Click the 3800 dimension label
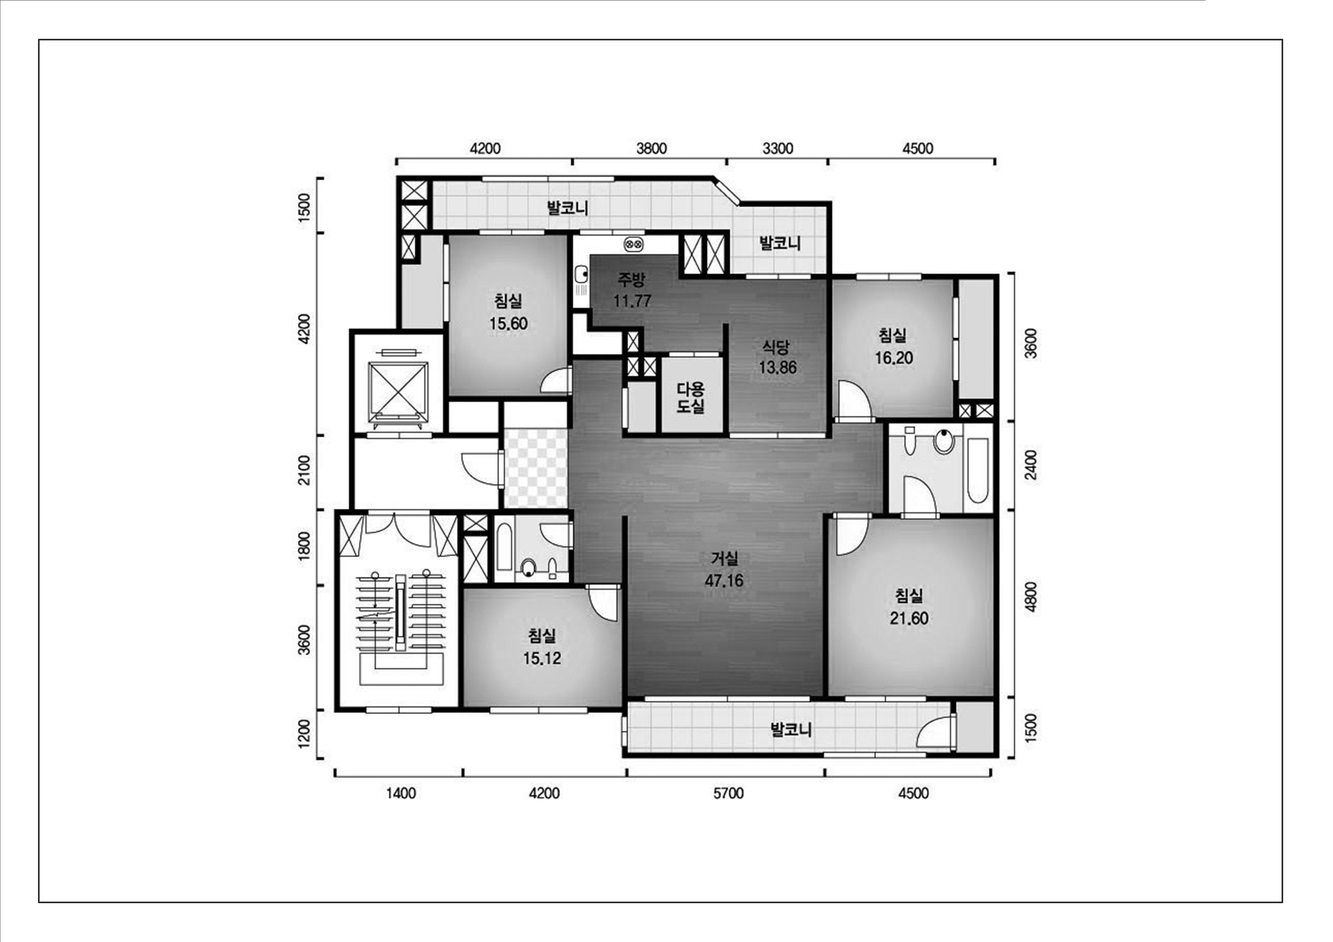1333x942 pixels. pyautogui.click(x=651, y=148)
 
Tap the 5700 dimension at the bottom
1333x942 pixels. pyautogui.click(x=728, y=793)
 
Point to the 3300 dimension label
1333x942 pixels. pyautogui.click(x=777, y=148)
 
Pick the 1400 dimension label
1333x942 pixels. pyautogui.click(x=400, y=793)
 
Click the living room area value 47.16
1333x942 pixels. pyautogui.click(x=724, y=580)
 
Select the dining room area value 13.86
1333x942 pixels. pyautogui.click(x=777, y=367)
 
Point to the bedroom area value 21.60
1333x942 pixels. pyautogui.click(x=909, y=618)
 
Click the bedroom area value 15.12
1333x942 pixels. pyautogui.click(x=542, y=658)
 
